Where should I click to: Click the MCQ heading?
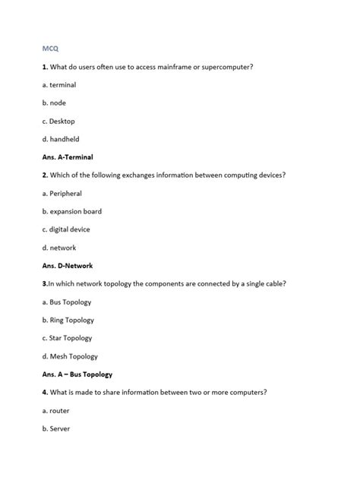pos(50,49)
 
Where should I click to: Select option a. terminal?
pos(59,85)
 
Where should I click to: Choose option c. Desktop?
pos(58,122)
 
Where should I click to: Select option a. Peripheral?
pos(62,194)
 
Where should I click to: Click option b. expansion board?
pos(71,211)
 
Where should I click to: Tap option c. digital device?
pos(66,229)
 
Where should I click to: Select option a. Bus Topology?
pos(66,302)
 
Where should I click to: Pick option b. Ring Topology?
pos(68,321)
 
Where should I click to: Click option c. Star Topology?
pos(67,338)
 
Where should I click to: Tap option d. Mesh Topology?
pos(70,356)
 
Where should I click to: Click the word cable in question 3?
pos(274,284)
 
